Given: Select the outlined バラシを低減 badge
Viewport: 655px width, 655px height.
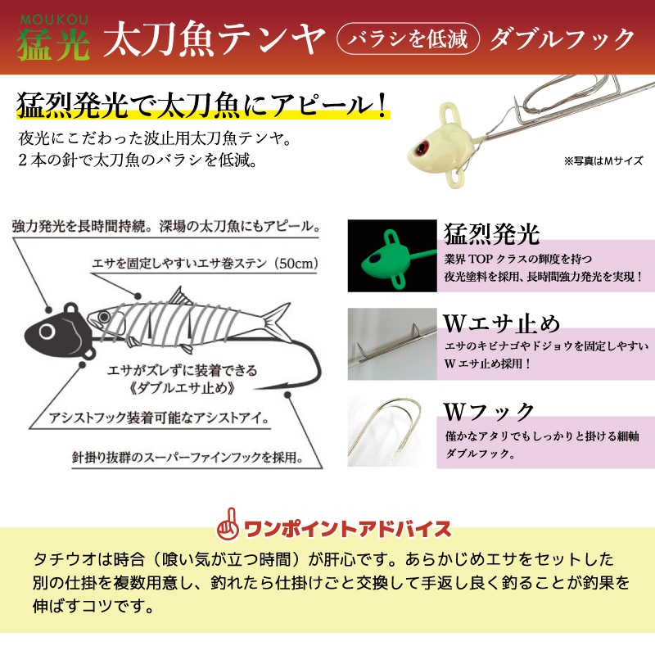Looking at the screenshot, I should point(407,39).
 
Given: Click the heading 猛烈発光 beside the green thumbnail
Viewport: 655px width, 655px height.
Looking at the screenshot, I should point(492,235).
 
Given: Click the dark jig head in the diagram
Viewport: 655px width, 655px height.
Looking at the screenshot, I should point(54,328).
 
